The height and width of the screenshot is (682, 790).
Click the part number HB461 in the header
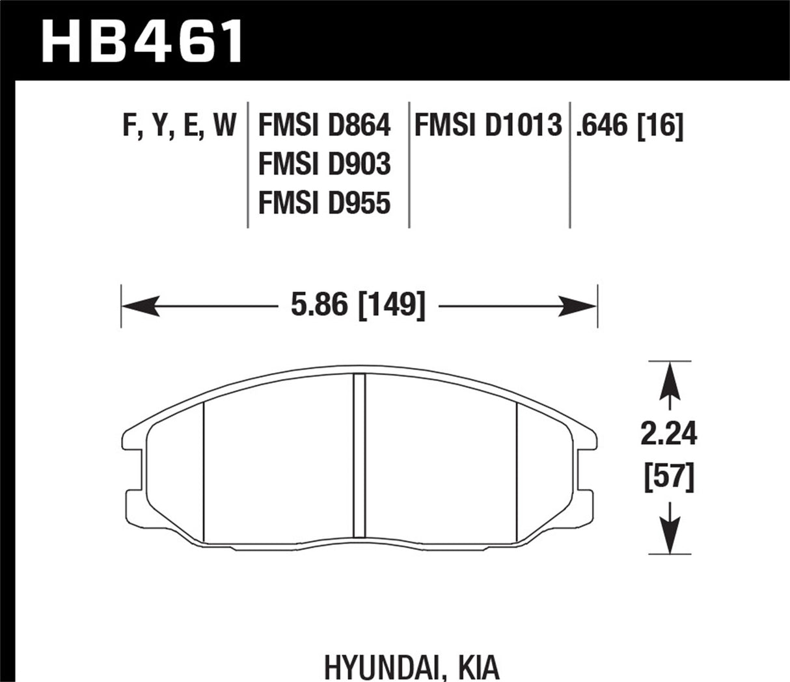(142, 40)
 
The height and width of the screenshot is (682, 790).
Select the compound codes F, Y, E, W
(179, 124)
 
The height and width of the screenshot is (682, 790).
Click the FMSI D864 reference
(324, 125)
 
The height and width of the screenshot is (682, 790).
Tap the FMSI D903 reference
(324, 164)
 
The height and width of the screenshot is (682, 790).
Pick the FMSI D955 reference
(324, 203)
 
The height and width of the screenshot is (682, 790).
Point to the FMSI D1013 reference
(487, 125)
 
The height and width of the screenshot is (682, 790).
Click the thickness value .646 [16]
(629, 125)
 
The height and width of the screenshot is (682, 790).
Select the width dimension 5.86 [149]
(358, 305)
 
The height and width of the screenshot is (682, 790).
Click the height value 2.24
(668, 434)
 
